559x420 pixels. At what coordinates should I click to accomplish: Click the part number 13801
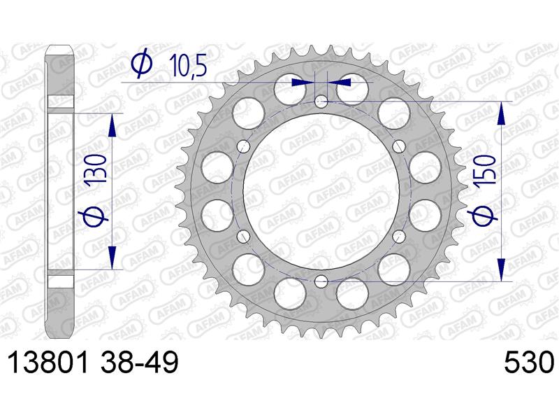[48, 362]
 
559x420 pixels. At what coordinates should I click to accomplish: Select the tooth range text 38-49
[139, 362]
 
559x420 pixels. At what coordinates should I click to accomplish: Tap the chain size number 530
[530, 362]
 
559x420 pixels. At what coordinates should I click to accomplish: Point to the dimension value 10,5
[189, 65]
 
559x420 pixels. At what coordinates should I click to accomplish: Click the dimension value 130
[96, 169]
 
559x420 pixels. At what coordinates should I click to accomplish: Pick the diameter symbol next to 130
[96, 216]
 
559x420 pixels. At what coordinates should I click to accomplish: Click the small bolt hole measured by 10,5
[321, 101]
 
